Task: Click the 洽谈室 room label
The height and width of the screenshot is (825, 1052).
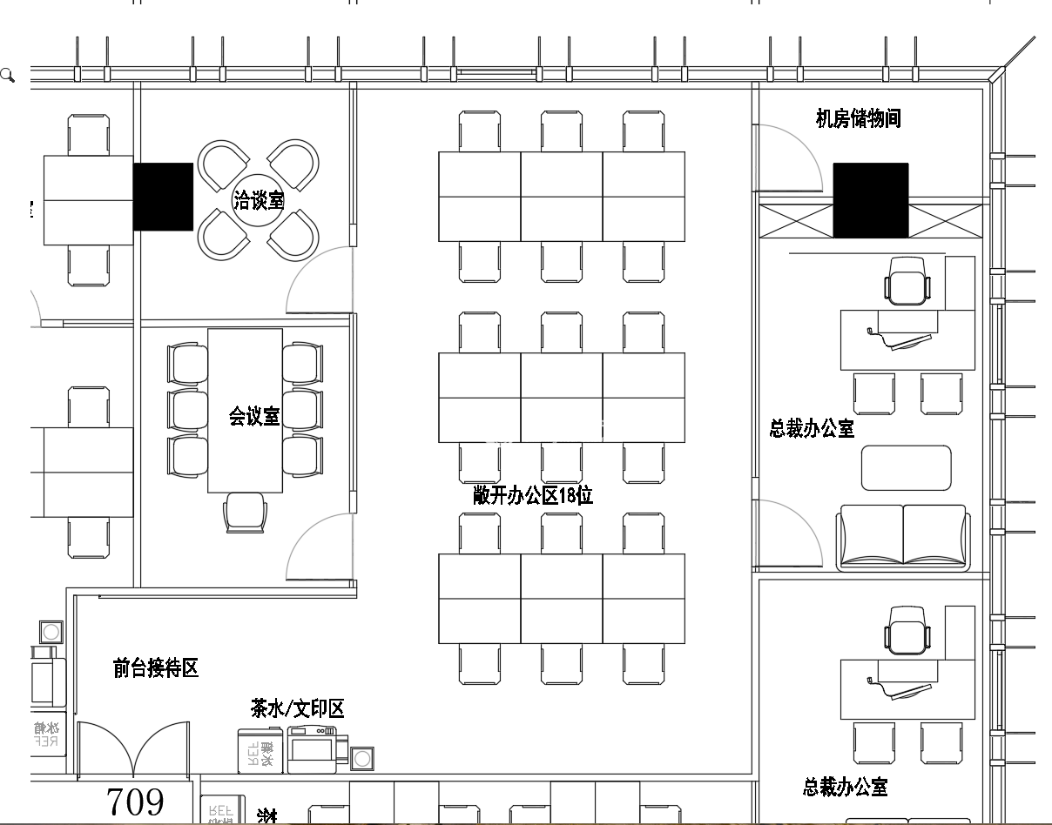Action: (258, 201)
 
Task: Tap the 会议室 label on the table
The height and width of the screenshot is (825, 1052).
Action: (254, 417)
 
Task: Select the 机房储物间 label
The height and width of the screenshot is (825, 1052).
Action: (857, 119)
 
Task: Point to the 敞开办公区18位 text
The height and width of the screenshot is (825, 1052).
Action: (533, 496)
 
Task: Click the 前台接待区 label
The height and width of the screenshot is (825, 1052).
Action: (156, 668)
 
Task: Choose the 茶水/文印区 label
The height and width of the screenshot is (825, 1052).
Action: (297, 709)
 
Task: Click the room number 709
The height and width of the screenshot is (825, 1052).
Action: (135, 802)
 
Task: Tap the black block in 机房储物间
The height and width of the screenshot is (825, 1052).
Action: (870, 200)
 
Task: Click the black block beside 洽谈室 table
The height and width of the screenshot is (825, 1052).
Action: (163, 197)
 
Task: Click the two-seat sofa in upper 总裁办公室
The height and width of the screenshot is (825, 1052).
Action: (903, 537)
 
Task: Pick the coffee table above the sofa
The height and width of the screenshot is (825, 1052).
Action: (906, 468)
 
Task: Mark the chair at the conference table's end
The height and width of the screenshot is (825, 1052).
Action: (245, 512)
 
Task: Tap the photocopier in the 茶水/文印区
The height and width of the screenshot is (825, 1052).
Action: (312, 749)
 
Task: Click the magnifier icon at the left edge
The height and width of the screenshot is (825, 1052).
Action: (8, 76)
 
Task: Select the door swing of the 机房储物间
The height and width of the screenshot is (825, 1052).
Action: (788, 157)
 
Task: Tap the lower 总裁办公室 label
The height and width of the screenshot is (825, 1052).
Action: (845, 788)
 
